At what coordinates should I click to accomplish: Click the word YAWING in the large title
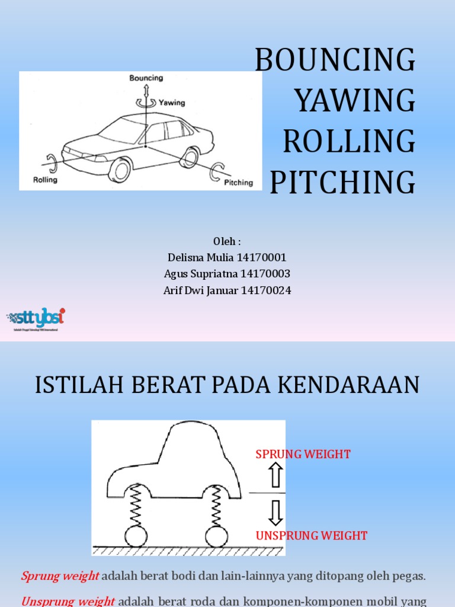[355, 101]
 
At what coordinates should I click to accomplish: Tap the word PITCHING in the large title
[342, 183]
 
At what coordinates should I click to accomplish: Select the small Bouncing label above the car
[146, 78]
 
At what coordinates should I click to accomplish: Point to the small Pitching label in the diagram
[238, 183]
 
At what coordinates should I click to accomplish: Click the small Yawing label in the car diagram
[172, 103]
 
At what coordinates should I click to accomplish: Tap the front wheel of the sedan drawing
[120, 170]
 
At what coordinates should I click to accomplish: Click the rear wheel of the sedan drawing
[190, 158]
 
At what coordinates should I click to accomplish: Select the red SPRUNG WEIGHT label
[303, 455]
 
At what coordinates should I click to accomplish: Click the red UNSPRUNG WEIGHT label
[312, 536]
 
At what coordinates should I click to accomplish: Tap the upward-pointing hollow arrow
[275, 475]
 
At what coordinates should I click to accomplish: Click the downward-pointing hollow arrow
[275, 513]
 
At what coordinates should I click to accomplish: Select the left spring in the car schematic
[136, 504]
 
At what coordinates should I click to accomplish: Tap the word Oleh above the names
[225, 242]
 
